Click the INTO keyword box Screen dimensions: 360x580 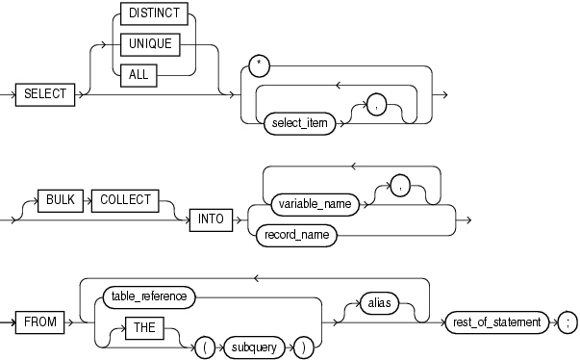(x=209, y=218)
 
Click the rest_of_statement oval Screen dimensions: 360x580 (x=497, y=321)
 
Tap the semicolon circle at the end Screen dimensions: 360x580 (x=566, y=321)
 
